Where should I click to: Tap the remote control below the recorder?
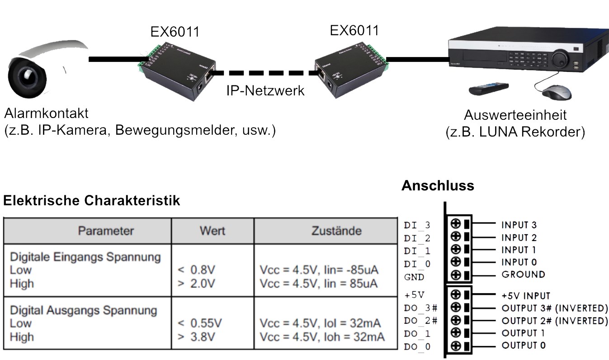point(488,88)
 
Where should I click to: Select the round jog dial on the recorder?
point(560,57)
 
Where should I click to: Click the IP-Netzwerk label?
point(265,90)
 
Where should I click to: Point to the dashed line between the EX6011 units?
point(265,72)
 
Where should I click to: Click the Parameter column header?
point(106,231)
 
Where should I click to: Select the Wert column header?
point(212,231)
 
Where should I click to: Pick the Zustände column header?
point(336,231)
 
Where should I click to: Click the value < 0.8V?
point(197,270)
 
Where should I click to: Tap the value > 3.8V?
point(197,337)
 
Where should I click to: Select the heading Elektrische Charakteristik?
point(92,201)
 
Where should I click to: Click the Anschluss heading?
point(438,185)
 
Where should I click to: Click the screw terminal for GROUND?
point(456,275)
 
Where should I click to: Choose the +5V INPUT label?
point(525,296)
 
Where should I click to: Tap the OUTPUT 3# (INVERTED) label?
point(554,308)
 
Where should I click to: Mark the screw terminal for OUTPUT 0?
point(456,346)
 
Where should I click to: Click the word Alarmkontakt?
point(47,113)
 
